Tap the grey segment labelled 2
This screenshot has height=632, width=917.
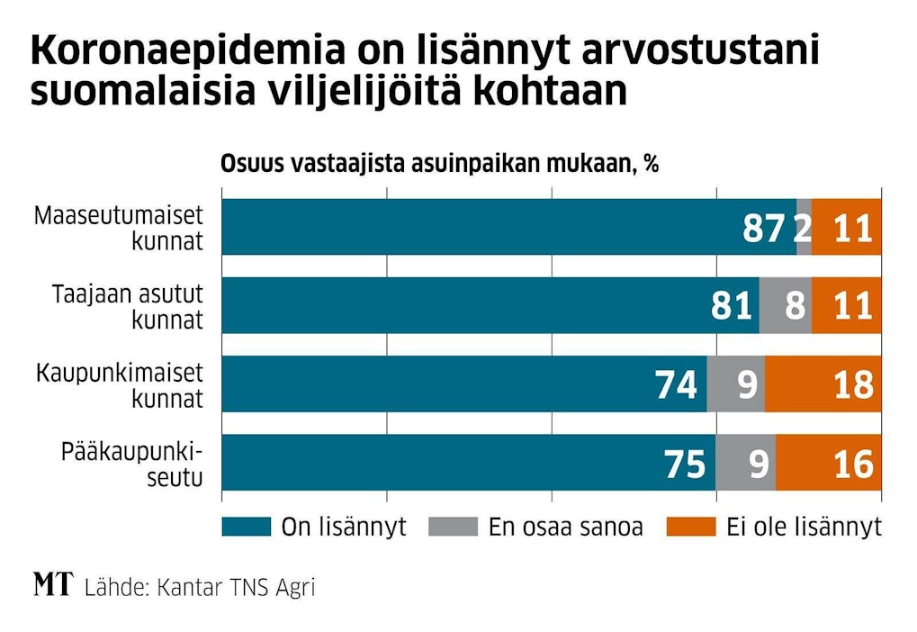pyautogui.click(x=804, y=228)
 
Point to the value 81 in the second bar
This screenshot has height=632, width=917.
pyautogui.click(x=732, y=306)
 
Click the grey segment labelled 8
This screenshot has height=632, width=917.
pyautogui.click(x=786, y=306)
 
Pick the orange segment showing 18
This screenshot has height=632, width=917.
pyautogui.click(x=823, y=384)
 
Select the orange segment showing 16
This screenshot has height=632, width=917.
pyautogui.click(x=829, y=464)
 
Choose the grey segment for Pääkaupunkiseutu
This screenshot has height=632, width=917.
pyautogui.click(x=746, y=464)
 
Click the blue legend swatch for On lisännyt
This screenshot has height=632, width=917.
pyautogui.click(x=246, y=527)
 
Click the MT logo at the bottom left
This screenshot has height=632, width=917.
pyautogui.click(x=52, y=586)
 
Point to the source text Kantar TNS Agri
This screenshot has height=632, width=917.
pyautogui.click(x=236, y=588)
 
